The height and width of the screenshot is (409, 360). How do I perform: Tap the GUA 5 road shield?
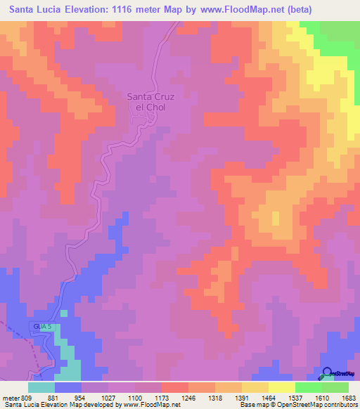pyautogui.click(x=41, y=327)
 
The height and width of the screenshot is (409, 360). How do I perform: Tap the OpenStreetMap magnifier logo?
pyautogui.click(x=326, y=375)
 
